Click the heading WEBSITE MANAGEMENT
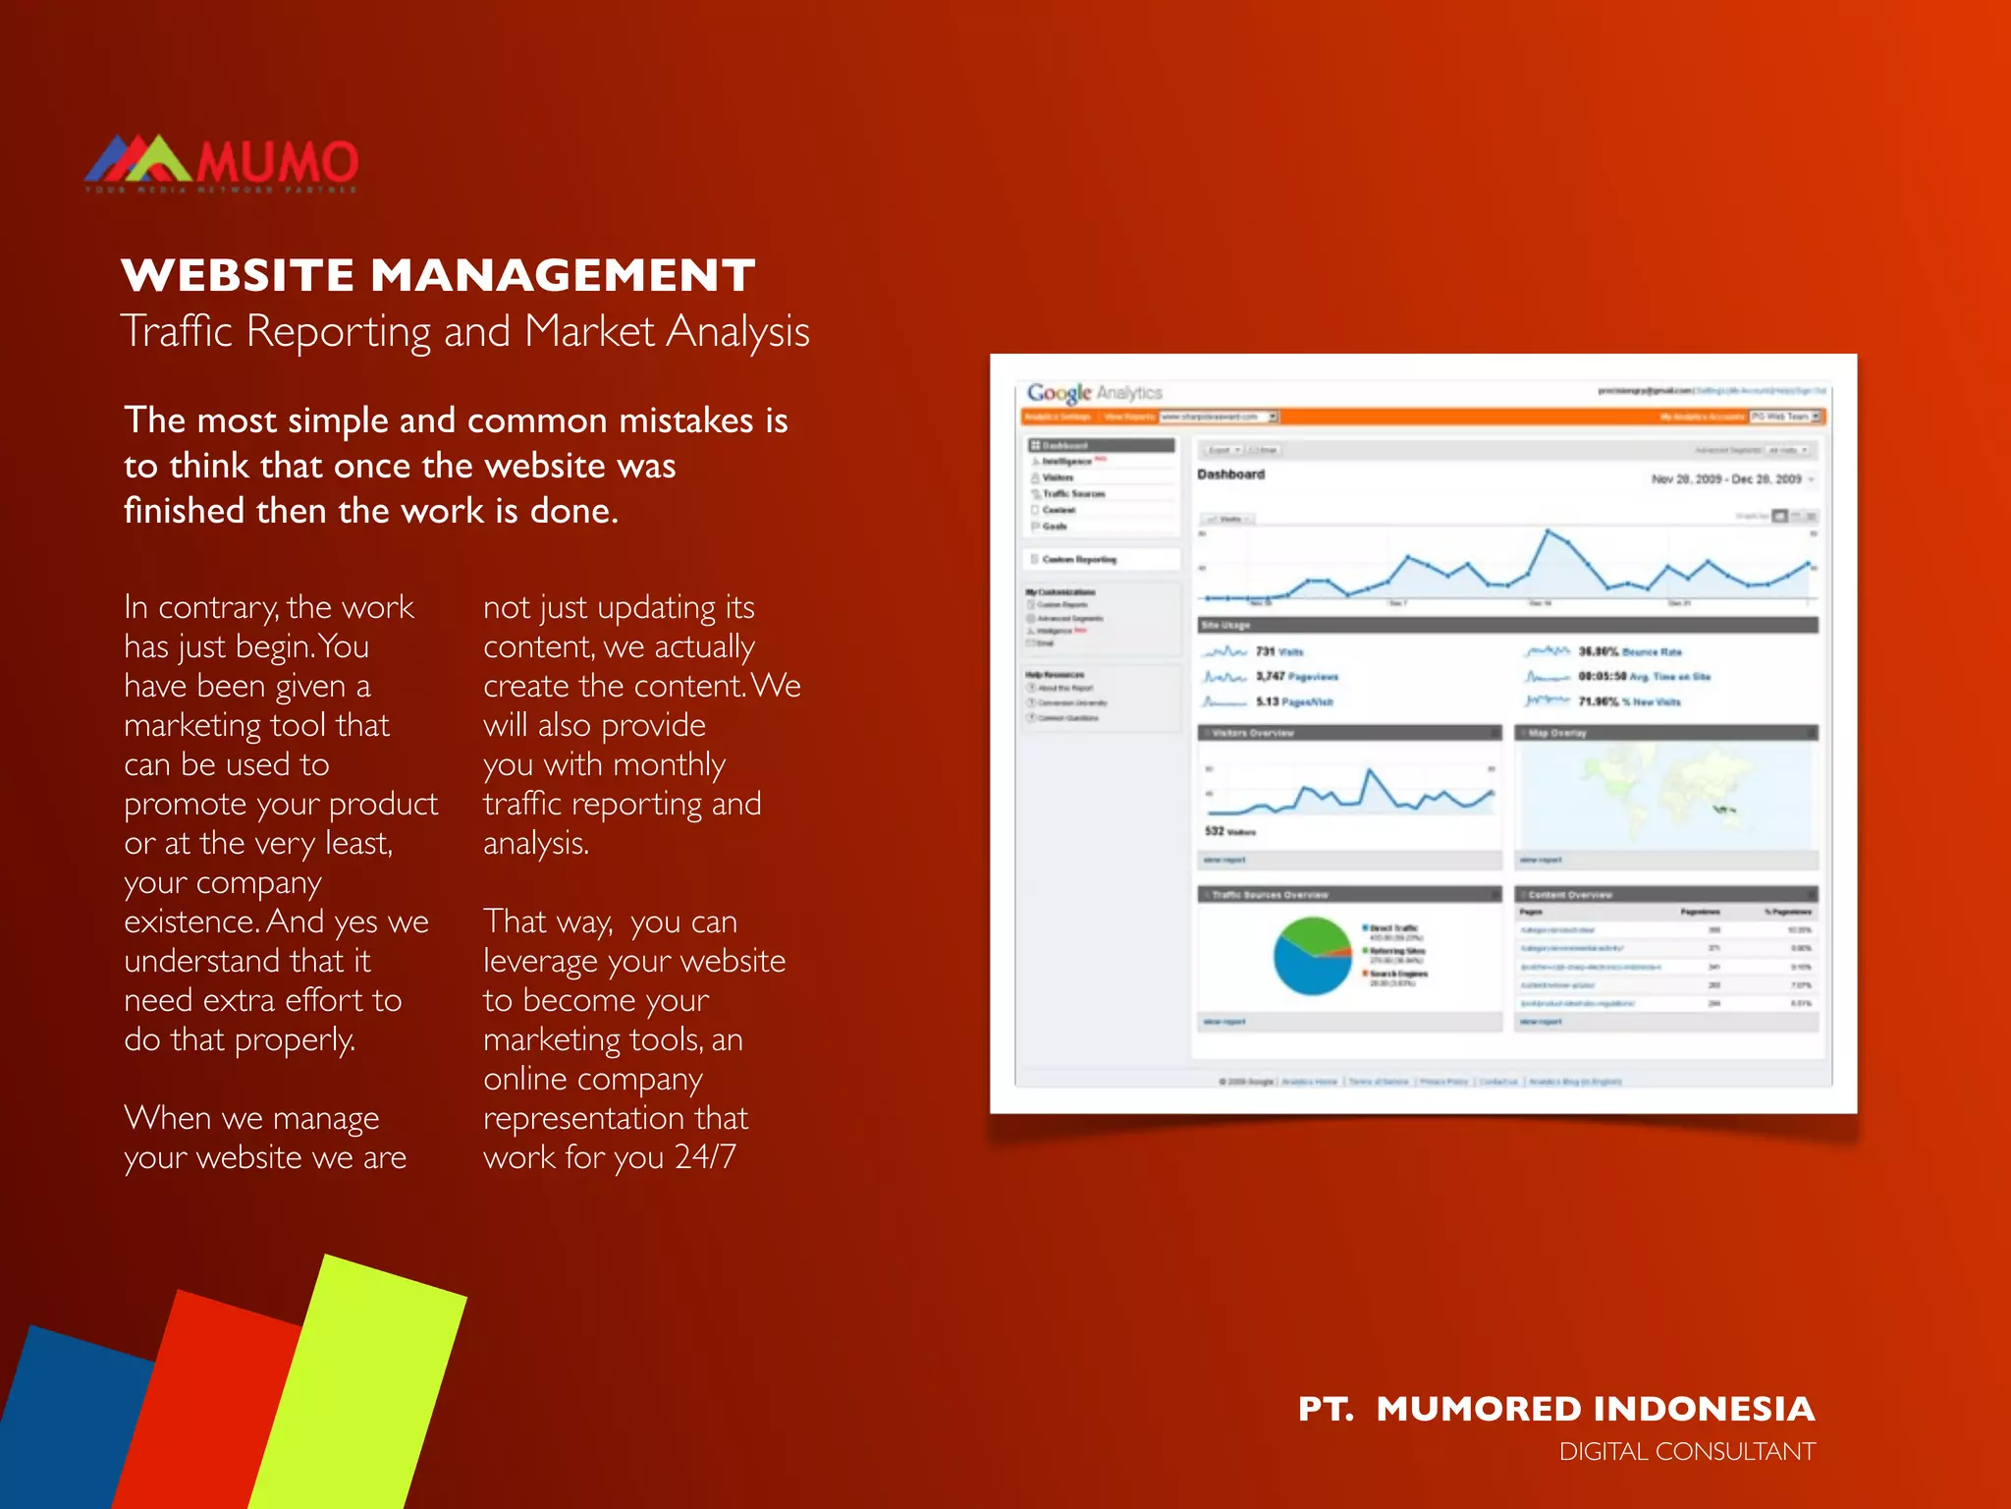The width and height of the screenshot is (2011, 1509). (x=438, y=275)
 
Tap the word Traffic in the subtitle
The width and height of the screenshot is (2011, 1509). (x=177, y=331)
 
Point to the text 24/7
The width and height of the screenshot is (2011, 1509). (x=705, y=1157)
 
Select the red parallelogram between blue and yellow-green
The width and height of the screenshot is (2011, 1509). (x=211, y=1405)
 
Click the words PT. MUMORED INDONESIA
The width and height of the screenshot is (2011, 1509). (x=1556, y=1409)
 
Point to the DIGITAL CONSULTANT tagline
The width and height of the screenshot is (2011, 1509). (x=1687, y=1452)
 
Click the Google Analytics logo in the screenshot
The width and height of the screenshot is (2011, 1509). (x=1094, y=393)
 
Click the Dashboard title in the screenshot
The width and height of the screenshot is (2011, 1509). (x=1230, y=475)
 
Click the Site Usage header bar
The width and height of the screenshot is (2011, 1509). (x=1507, y=625)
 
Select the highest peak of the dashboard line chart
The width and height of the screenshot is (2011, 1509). (x=1548, y=531)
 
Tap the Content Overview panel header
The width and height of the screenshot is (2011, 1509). (x=1666, y=895)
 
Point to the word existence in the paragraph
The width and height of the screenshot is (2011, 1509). (x=191, y=922)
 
